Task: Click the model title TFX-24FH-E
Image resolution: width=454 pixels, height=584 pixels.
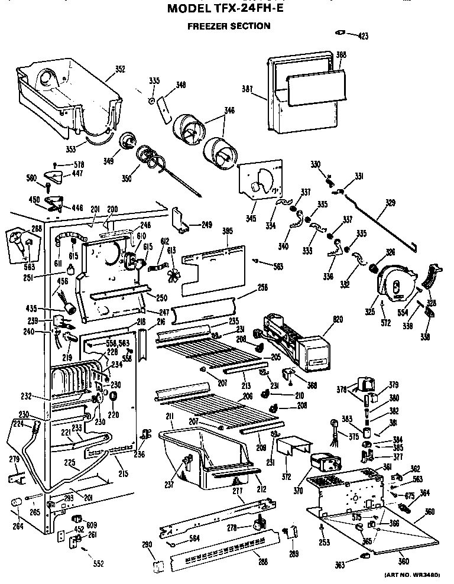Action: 228,9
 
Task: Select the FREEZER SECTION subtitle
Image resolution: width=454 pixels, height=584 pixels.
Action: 229,26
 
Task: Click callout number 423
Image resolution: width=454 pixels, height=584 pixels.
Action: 362,36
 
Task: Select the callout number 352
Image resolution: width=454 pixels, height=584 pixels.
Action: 119,69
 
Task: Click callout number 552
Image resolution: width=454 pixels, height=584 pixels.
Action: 98,563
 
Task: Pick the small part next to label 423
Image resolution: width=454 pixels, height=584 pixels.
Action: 340,33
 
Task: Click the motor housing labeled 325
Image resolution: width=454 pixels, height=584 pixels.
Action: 393,283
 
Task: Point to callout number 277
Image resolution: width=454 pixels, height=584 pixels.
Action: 237,491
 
